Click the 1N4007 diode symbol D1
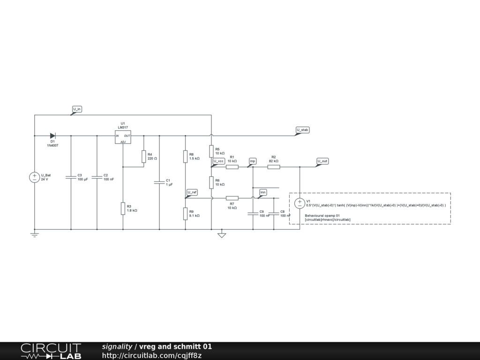click(x=52, y=136)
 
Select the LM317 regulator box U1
click(x=123, y=137)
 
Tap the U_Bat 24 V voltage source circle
click(x=35, y=177)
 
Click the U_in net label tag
click(x=77, y=109)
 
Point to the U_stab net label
click(x=302, y=129)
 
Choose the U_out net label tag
click(x=322, y=161)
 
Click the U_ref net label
click(x=192, y=192)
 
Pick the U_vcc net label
click(x=219, y=161)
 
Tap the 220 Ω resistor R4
click(x=143, y=157)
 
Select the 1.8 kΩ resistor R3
click(x=123, y=208)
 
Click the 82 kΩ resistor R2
click(x=274, y=166)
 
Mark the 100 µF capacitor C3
click(x=71, y=177)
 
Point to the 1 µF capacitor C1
click(x=159, y=182)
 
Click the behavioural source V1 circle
click(x=300, y=203)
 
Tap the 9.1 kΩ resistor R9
click(x=186, y=214)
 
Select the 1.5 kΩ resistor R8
click(x=186, y=157)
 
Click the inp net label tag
click(x=253, y=161)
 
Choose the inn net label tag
click(x=263, y=192)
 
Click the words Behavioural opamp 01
click(x=322, y=216)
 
